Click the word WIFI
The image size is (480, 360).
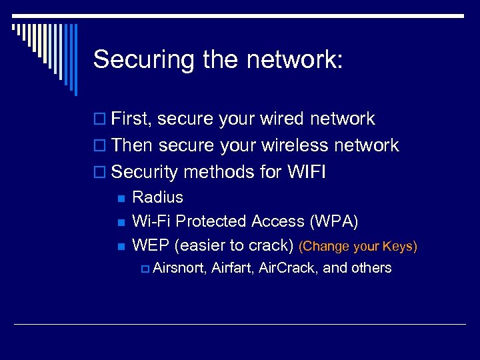(307, 172)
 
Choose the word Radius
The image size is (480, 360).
(157, 197)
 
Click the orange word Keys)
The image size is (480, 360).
(400, 246)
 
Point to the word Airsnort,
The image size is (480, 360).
(179, 268)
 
